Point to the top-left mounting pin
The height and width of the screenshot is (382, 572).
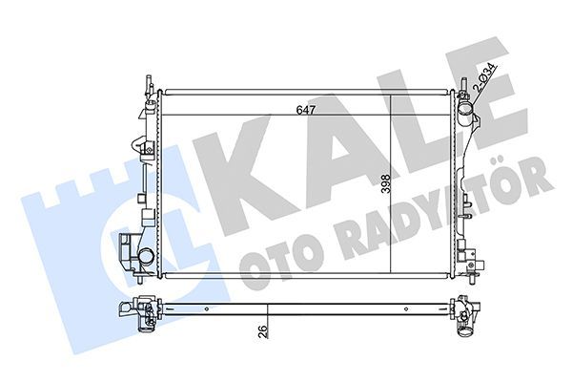[x=149, y=84]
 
